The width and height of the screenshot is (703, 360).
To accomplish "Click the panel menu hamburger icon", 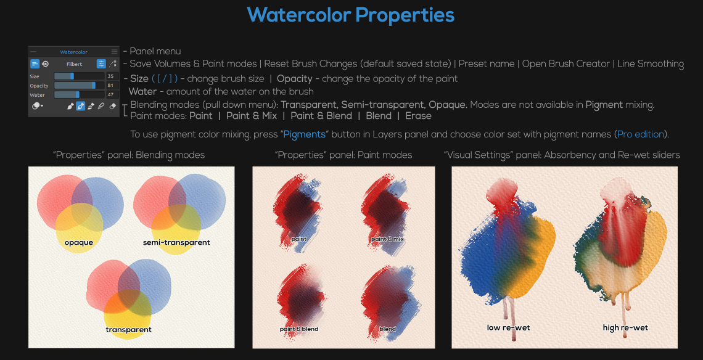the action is click(114, 52).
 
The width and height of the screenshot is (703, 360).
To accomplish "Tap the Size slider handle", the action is click(72, 76).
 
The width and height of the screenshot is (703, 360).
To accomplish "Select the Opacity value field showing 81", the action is click(111, 86).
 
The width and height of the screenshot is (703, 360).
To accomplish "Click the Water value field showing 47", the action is click(111, 95).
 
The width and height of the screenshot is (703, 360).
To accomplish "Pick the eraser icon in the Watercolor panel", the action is click(112, 107).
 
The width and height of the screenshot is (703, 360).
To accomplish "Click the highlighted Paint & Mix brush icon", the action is click(80, 107).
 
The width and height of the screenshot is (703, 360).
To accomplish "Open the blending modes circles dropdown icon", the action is click(37, 107).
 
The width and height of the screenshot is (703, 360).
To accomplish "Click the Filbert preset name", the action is click(75, 64).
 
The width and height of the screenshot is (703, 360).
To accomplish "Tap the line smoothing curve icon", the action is click(112, 64).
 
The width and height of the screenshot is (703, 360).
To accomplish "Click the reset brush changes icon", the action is click(45, 64).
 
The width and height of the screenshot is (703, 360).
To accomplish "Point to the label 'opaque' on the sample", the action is click(79, 242).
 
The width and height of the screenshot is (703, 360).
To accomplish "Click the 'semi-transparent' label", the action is click(176, 242).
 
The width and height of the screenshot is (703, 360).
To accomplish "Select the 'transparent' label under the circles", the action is click(129, 330).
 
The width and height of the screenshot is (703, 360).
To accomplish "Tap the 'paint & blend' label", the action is click(299, 329).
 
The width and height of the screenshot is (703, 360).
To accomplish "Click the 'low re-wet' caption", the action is click(508, 328).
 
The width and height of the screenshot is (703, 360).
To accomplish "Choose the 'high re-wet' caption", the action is click(625, 328).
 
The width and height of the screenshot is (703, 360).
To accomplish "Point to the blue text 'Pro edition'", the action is click(640, 134).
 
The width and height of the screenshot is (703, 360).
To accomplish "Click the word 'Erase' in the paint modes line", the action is click(418, 116).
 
